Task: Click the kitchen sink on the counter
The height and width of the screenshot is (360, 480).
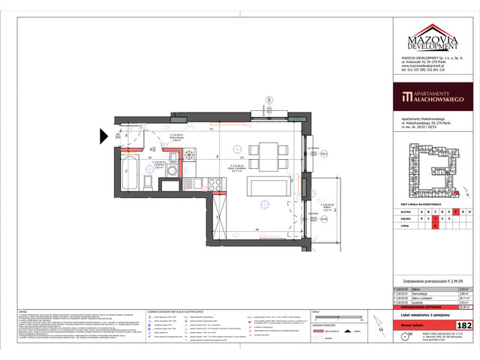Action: click(x=190, y=181)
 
